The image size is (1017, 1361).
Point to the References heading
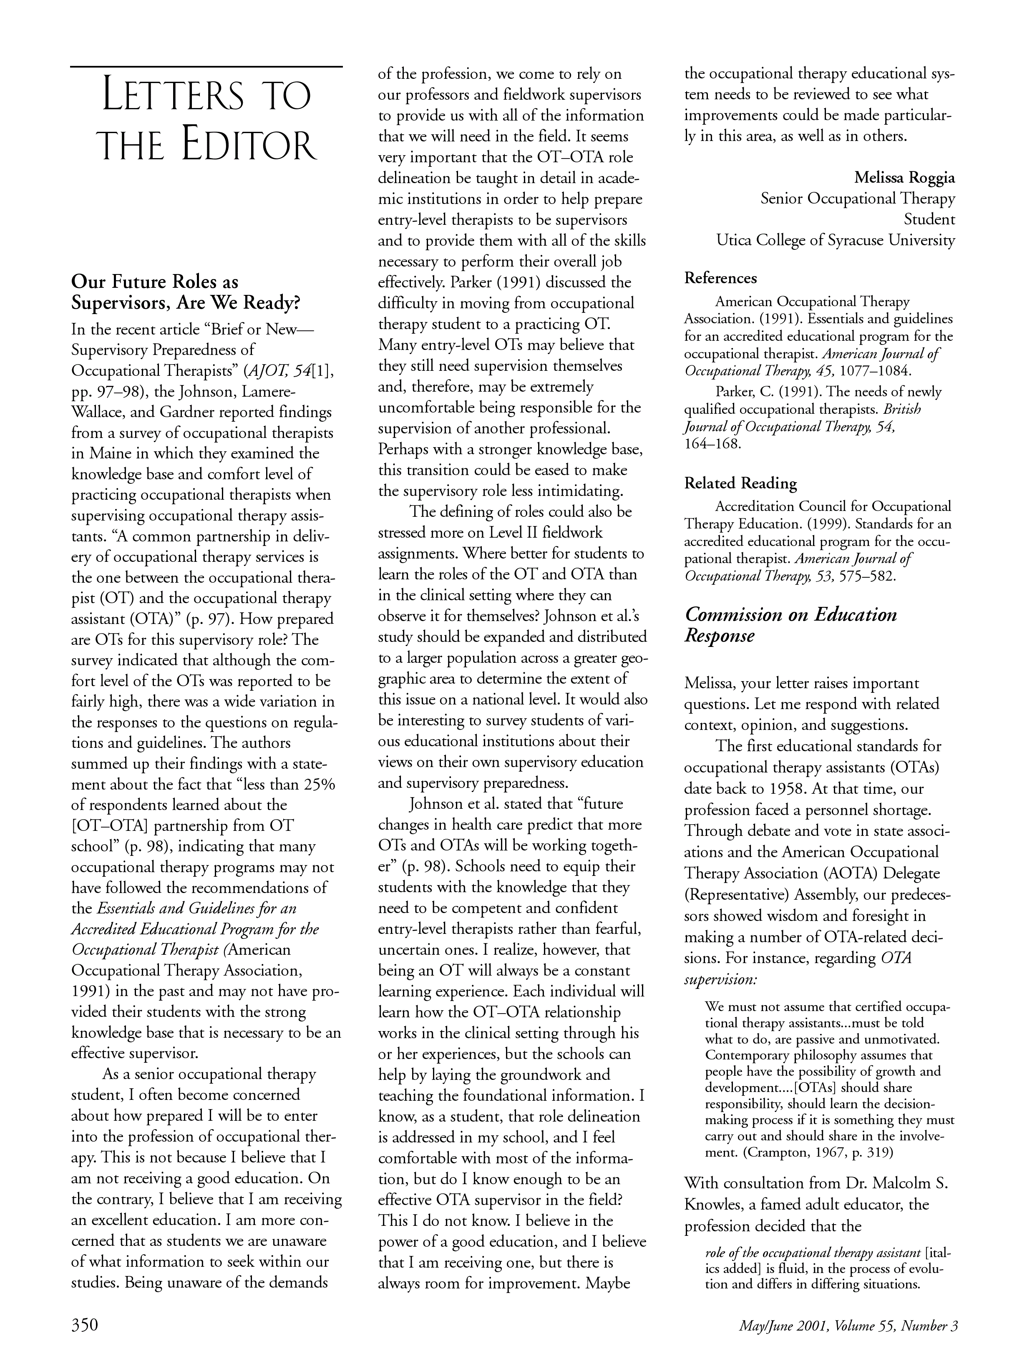pyautogui.click(x=720, y=278)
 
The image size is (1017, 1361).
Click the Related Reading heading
pyautogui.click(x=740, y=483)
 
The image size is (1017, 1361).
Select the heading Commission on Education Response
pyautogui.click(x=790, y=624)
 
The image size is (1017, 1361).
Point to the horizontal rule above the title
pyautogui.click(x=206, y=66)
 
